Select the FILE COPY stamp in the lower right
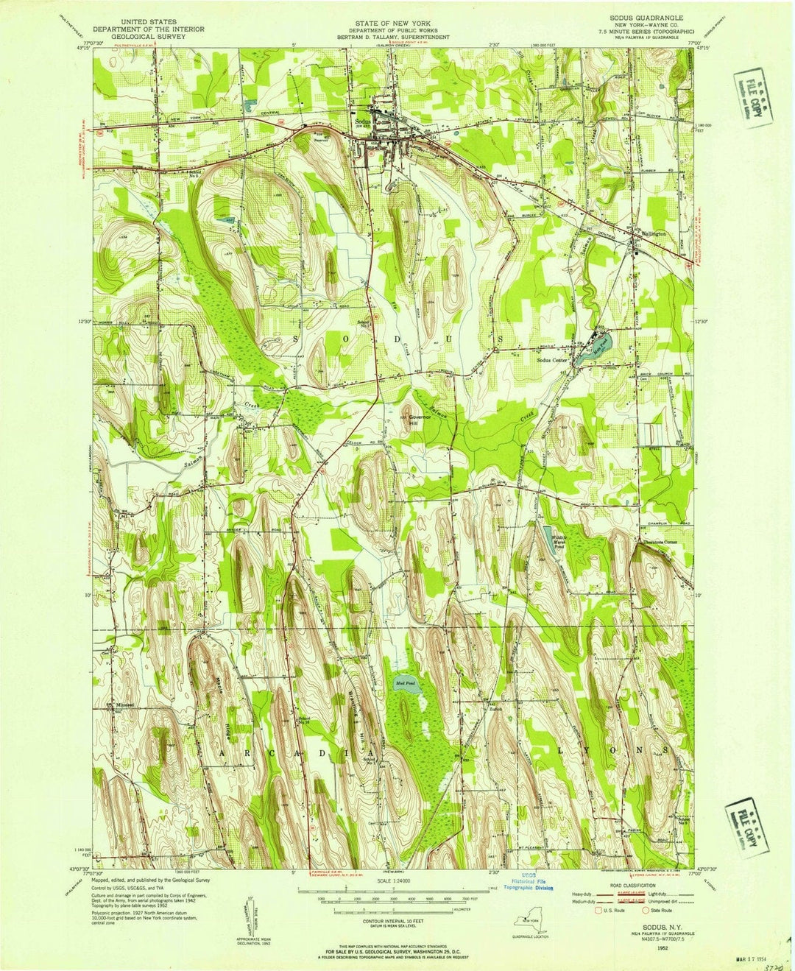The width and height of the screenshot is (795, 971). [x=745, y=829]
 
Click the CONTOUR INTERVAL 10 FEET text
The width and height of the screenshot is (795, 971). [x=397, y=921]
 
